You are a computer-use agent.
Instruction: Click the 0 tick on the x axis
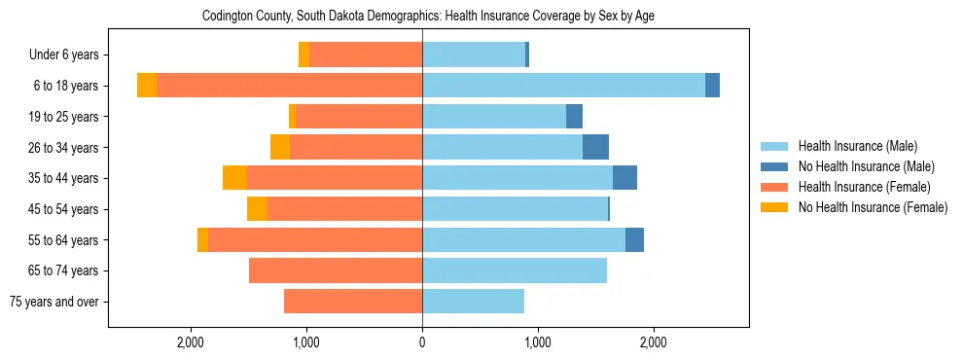[422, 342]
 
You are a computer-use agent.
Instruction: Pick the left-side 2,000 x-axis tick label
[191, 342]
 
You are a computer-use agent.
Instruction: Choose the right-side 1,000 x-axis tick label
[538, 342]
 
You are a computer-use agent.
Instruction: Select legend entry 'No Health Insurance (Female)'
[873, 207]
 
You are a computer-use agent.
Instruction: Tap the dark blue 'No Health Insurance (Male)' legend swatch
[775, 166]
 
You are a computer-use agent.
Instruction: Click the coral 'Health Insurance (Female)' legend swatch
[775, 187]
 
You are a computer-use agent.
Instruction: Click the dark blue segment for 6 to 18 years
[712, 86]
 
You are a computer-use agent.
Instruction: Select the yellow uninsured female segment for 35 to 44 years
[234, 178]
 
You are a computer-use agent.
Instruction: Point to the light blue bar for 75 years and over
[473, 302]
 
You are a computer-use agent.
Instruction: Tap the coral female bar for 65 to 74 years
[336, 270]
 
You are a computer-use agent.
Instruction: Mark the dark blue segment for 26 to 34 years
[595, 147]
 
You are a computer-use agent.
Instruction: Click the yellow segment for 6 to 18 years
[147, 86]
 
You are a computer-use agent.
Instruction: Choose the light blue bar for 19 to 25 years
[494, 117]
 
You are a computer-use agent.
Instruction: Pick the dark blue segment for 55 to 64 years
[634, 239]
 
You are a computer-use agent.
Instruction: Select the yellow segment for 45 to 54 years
[257, 209]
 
